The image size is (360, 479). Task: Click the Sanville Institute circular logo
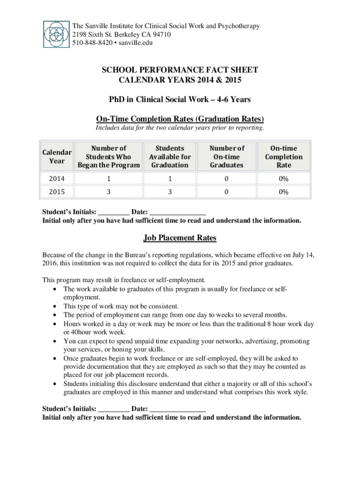(56, 34)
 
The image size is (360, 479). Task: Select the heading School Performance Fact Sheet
(180, 70)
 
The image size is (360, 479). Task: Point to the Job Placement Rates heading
(180, 238)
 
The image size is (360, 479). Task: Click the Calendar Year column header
(57, 157)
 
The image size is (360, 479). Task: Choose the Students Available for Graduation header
(169, 157)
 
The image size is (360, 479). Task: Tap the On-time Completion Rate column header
(284, 157)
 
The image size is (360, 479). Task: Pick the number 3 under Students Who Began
(109, 192)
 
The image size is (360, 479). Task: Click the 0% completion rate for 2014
(284, 179)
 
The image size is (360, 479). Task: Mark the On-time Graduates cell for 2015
(227, 192)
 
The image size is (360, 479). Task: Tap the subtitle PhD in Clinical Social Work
(180, 100)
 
